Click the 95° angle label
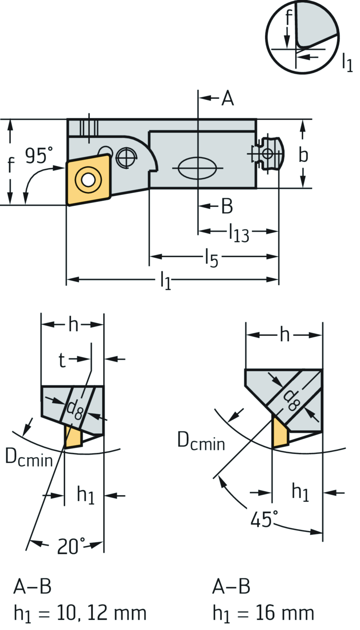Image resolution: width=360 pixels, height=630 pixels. click(x=39, y=155)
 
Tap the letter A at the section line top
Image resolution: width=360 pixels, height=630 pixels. click(x=228, y=98)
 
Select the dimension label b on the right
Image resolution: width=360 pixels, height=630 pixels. click(x=303, y=155)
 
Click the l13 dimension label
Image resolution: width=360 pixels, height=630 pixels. click(x=239, y=233)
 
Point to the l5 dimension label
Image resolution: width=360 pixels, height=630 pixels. click(x=211, y=258)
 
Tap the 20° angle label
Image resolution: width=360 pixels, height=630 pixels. click(x=71, y=546)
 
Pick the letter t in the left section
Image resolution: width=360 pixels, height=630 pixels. click(x=62, y=360)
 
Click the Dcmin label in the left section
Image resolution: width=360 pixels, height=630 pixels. click(x=29, y=458)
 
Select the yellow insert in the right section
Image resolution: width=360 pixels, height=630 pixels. click(x=280, y=433)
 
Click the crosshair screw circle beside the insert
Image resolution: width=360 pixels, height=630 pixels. click(x=126, y=157)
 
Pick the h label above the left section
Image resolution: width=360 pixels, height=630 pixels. click(x=73, y=324)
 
